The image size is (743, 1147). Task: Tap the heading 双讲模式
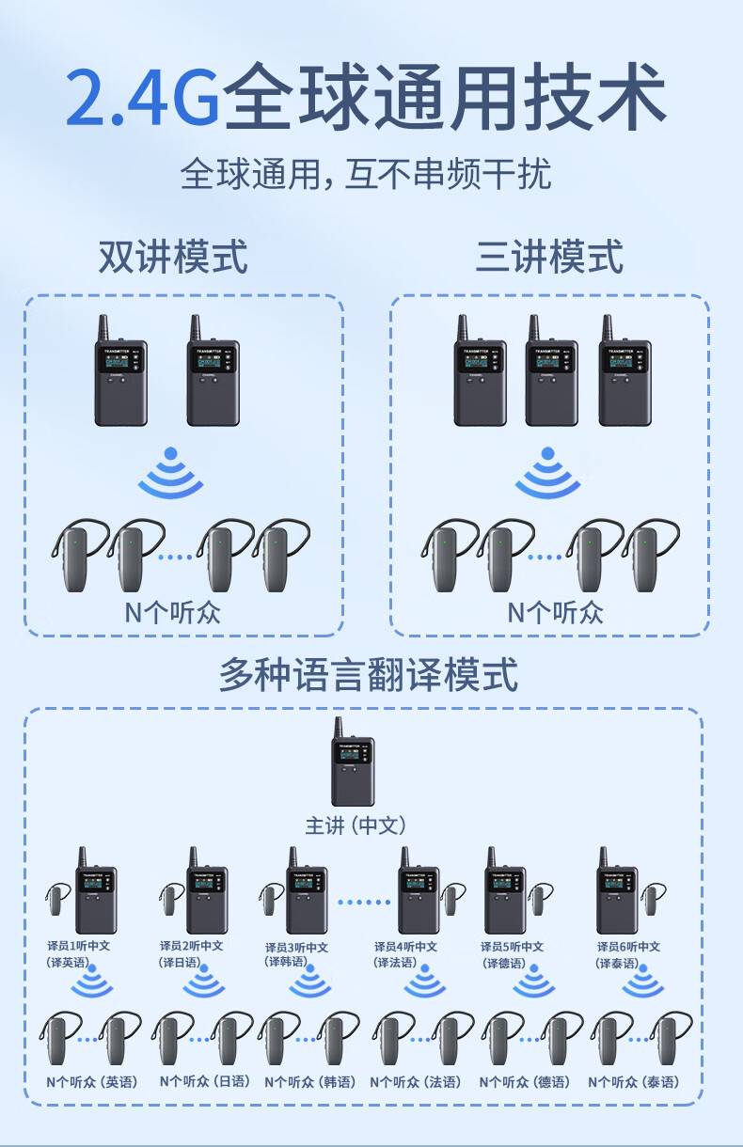point(173,257)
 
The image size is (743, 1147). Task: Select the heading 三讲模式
point(549,257)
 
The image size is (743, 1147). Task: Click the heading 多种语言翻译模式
point(369,675)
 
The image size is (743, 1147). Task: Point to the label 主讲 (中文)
point(356,825)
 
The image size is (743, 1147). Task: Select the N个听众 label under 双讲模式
point(173,612)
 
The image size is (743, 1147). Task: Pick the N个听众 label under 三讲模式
point(555,612)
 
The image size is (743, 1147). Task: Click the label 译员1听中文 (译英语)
point(78,954)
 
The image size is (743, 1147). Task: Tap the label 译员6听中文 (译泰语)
point(628,954)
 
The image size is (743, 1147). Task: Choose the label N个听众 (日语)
point(204,1082)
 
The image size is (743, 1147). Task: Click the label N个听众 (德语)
point(524,1082)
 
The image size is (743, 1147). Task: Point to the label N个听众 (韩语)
point(309,1082)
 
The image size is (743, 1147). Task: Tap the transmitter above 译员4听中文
point(418,893)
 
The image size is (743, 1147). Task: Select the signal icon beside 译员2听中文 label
point(204,984)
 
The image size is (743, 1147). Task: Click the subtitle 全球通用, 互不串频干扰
point(366,175)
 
